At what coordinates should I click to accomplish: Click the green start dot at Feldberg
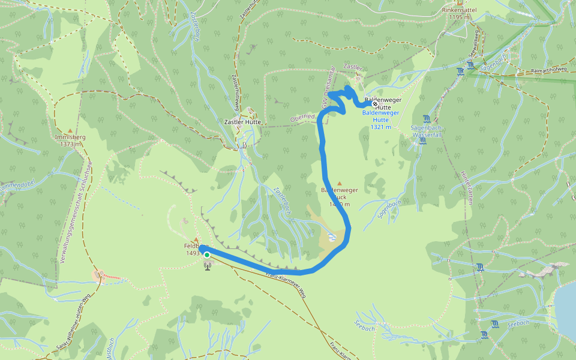(207, 255)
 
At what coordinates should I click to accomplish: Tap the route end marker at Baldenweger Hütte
(375, 104)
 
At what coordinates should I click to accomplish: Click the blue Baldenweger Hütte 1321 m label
(381, 119)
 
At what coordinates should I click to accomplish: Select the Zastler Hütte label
(241, 122)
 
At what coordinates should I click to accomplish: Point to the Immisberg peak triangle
(70, 130)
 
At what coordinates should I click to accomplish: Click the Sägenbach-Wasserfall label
(427, 131)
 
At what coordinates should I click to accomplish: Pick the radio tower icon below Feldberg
(208, 265)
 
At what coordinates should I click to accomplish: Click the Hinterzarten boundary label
(466, 187)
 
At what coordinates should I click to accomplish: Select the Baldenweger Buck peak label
(340, 197)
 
